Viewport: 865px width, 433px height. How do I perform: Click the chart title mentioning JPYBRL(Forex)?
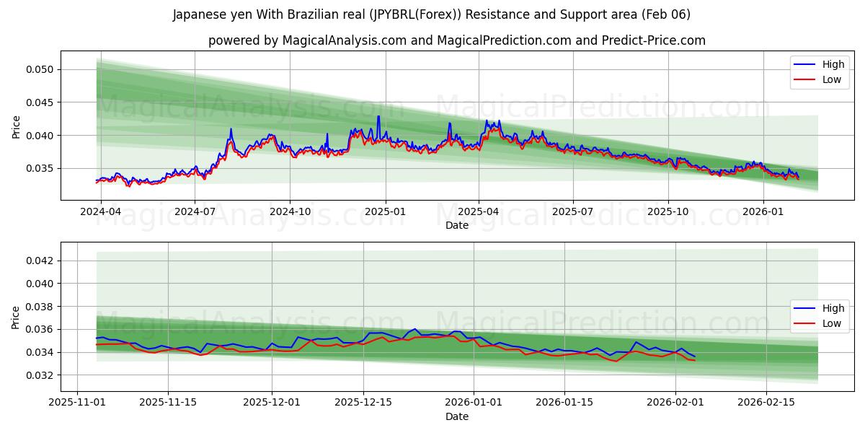click(x=431, y=14)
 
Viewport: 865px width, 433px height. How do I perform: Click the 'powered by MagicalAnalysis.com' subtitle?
click(x=456, y=40)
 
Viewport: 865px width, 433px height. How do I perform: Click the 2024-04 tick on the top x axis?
click(x=100, y=211)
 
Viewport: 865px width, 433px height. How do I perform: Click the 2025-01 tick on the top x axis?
click(x=385, y=211)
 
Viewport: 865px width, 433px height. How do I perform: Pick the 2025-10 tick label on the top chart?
click(x=668, y=211)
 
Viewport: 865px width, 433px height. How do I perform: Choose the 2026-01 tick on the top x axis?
click(x=763, y=211)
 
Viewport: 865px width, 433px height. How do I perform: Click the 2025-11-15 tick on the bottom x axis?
click(x=168, y=402)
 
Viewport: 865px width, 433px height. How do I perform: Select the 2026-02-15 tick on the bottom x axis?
click(x=766, y=402)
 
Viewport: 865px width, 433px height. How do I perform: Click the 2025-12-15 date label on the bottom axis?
click(x=363, y=402)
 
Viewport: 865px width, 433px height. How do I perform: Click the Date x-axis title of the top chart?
click(x=456, y=225)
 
